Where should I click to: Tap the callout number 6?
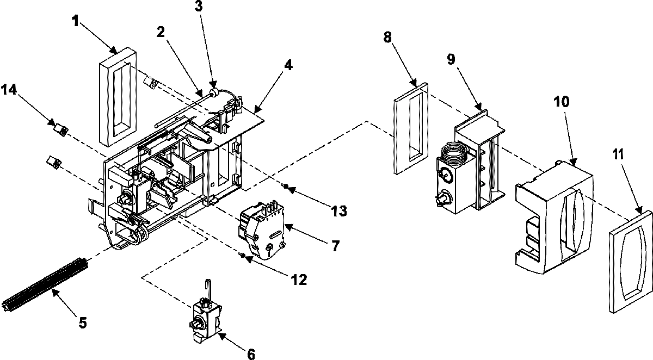pyautogui.click(x=250, y=354)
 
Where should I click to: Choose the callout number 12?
pyautogui.click(x=298, y=280)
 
